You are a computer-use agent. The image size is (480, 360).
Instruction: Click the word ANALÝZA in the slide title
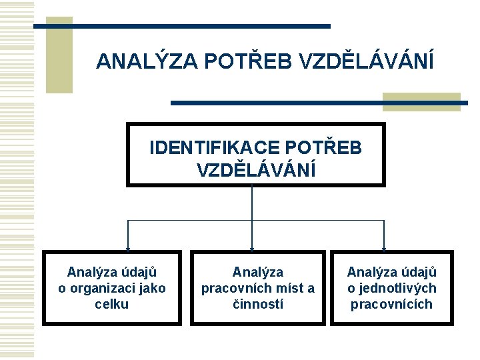(147, 61)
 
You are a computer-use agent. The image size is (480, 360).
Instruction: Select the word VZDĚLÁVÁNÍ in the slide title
(367, 61)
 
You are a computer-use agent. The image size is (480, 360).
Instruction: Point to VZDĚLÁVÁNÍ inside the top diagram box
(256, 169)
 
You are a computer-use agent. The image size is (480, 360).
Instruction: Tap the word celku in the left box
(112, 304)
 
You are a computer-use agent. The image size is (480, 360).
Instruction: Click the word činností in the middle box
(257, 304)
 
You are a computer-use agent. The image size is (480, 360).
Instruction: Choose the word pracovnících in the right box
(392, 304)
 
